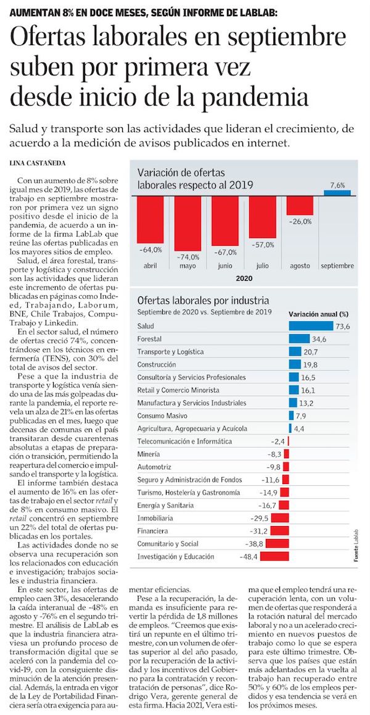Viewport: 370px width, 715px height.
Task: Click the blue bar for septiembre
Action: (x=337, y=193)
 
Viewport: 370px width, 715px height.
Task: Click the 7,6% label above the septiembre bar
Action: (x=338, y=185)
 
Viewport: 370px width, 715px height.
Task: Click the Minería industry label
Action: (x=149, y=454)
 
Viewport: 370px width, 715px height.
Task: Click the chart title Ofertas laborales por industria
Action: (x=203, y=301)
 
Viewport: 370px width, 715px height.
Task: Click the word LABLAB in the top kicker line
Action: (x=255, y=12)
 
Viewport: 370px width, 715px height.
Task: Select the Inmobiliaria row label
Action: (x=155, y=517)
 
